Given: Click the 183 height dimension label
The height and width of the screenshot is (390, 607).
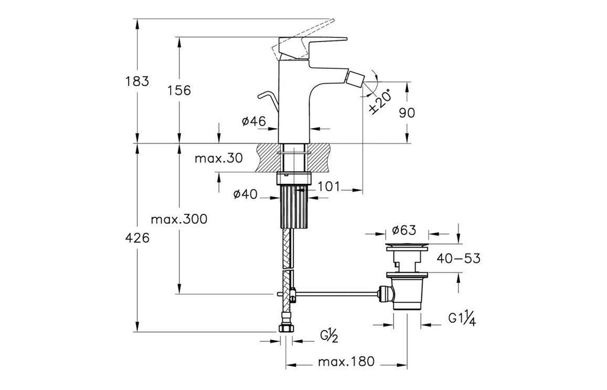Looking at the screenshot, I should coord(138,81).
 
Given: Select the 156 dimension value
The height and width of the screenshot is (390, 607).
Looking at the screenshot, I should coord(179,91).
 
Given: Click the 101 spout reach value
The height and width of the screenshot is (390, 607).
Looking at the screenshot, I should coord(328,187).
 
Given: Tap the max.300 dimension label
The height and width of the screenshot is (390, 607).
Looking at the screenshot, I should coord(178,220).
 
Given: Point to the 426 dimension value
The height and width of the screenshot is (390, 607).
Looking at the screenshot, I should coord(138,238).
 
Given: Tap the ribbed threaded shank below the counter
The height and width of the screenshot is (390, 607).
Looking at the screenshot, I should coord(294,205).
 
